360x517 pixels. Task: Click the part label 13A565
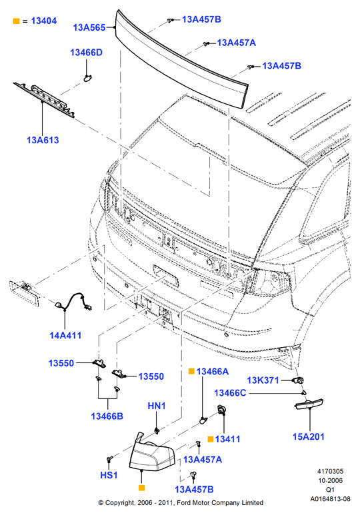(89, 27)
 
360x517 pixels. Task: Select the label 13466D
(86, 53)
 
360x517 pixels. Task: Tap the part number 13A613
(43, 140)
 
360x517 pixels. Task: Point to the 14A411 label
(65, 335)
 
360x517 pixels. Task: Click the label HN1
(157, 406)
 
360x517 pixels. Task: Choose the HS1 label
(109, 475)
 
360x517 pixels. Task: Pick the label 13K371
(263, 380)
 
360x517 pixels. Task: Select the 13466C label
(230, 393)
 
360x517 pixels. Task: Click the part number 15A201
(309, 436)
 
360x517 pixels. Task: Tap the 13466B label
(107, 416)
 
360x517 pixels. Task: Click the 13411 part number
(227, 439)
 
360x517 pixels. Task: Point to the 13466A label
(212, 372)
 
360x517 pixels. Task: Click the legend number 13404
(44, 21)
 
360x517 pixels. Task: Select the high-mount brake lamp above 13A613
(44, 98)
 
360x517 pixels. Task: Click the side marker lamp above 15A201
(309, 404)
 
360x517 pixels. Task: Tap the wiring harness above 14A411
(75, 301)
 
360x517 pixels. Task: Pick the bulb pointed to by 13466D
(88, 78)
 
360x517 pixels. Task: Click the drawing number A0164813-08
(330, 499)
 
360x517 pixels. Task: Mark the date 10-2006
(330, 480)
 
